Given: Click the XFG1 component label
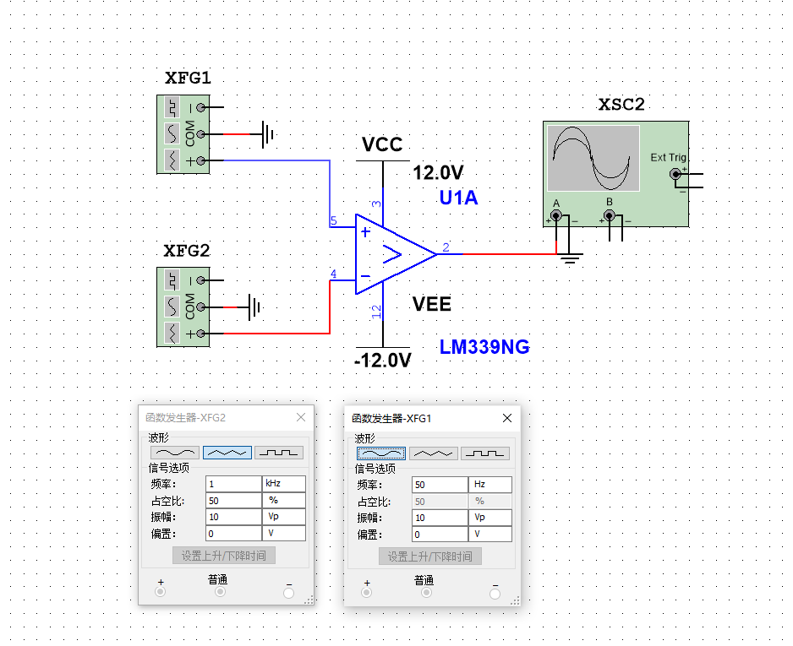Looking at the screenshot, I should point(188,79).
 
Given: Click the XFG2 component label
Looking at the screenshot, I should point(186,251).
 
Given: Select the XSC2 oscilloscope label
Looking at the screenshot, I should point(621,105).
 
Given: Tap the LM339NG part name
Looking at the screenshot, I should point(484,347).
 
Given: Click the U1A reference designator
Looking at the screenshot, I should point(458,198).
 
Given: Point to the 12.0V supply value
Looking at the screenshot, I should point(438,173).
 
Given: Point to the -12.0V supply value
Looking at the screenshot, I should point(382,361).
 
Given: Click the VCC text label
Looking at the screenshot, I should point(382,144).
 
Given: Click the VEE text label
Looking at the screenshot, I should point(432,304).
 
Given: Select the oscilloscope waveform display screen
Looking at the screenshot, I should point(593,158).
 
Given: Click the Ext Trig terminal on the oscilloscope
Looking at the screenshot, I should point(675,174).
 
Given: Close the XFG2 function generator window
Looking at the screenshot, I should point(301,417).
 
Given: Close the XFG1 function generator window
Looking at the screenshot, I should point(507,418).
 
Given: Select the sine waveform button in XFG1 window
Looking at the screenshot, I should point(380,453).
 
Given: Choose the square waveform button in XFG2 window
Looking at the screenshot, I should point(278,453).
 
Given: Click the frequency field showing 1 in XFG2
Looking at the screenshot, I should point(232,484).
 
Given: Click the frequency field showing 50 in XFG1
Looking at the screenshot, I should point(439,485).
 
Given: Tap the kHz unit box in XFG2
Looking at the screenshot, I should point(282,484).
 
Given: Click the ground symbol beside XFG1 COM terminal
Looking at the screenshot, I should point(267,133).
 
